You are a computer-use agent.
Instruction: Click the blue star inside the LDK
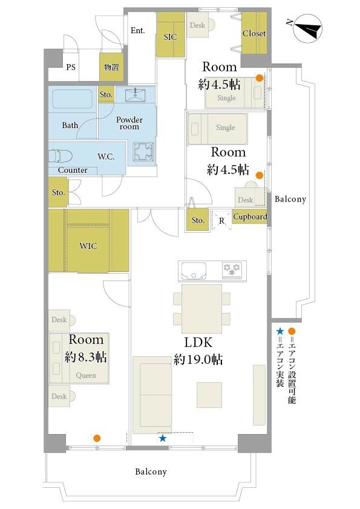pyautogui.click(x=163, y=438)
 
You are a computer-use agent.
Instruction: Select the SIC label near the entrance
pyautogui.click(x=170, y=37)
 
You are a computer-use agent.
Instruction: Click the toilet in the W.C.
pyautogui.click(x=61, y=156)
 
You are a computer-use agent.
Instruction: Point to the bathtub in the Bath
pyautogui.click(x=72, y=99)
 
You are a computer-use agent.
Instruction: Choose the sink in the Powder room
pyautogui.click(x=135, y=94)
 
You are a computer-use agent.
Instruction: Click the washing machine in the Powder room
pyautogui.click(x=143, y=152)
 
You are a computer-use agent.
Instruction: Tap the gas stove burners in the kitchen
pyautogui.click(x=232, y=270)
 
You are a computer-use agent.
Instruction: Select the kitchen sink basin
pyautogui.click(x=194, y=271)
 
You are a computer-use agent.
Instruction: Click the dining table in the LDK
pyautogui.click(x=201, y=309)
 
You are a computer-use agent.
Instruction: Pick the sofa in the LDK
pyautogui.click(x=152, y=395)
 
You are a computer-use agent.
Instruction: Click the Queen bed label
pyautogui.click(x=86, y=375)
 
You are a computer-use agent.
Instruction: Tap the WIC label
pyautogui.click(x=88, y=246)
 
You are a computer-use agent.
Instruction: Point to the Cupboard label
pyautogui.click(x=250, y=217)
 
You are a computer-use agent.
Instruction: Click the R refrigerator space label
pyautogui.click(x=221, y=221)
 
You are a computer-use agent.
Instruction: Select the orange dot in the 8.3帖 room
pyautogui.click(x=96, y=438)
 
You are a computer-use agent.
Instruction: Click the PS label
pyautogui.click(x=71, y=67)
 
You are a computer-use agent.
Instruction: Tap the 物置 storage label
pyautogui.click(x=111, y=67)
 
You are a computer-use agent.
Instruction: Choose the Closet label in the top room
pyautogui.click(x=254, y=33)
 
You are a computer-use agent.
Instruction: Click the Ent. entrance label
pyautogui.click(x=138, y=30)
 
